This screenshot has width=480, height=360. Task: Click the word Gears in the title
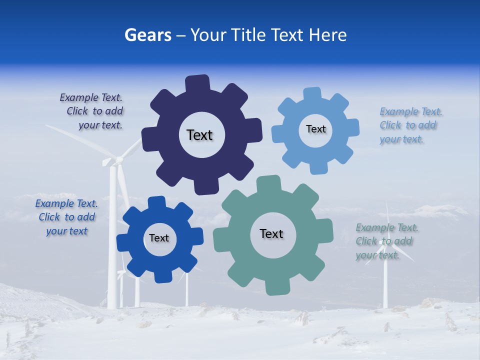[x=147, y=35]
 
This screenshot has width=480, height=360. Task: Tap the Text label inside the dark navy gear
[x=199, y=135]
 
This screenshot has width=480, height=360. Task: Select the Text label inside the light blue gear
[x=315, y=129]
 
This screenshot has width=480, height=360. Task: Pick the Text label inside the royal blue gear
[x=159, y=238]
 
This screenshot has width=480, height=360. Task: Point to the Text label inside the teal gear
[x=271, y=233]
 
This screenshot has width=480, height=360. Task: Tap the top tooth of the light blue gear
[x=312, y=93]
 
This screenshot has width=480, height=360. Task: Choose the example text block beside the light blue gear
[x=408, y=125]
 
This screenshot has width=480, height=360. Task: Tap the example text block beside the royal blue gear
[x=66, y=217]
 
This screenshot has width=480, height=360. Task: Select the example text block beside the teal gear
[x=385, y=241]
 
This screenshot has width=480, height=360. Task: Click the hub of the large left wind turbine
[x=119, y=160]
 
